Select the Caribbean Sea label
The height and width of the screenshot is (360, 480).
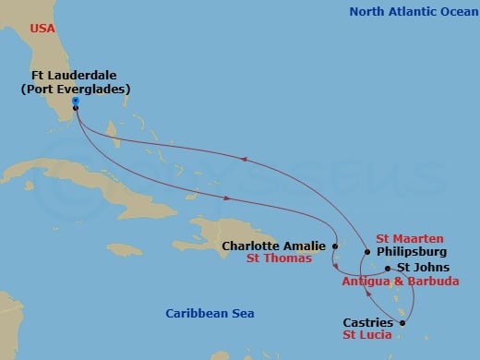pyautogui.click(x=210, y=314)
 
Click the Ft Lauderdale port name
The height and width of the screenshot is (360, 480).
pyautogui.click(x=76, y=75)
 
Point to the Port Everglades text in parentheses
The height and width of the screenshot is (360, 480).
pyautogui.click(x=76, y=89)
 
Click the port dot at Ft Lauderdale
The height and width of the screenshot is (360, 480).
pyautogui.click(x=75, y=108)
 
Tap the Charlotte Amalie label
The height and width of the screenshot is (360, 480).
pyautogui.click(x=274, y=246)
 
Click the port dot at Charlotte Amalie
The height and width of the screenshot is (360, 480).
pyautogui.click(x=335, y=246)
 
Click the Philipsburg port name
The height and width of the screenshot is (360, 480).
pyautogui.click(x=413, y=251)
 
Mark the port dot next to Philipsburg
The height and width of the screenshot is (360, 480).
pyautogui.click(x=367, y=251)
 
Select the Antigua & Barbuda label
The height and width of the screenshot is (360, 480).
pyautogui.click(x=401, y=281)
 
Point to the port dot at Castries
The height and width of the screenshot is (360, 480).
pyautogui.click(x=402, y=322)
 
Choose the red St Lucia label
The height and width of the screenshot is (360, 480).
pyautogui.click(x=369, y=336)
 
